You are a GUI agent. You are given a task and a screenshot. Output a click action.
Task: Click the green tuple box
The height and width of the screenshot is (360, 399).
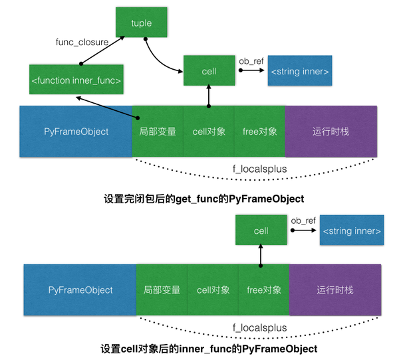coord(141,23)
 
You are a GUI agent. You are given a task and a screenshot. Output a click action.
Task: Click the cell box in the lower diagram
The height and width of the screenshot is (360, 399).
coord(261,230)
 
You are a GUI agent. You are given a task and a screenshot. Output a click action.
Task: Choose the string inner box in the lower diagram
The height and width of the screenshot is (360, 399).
coord(352,230)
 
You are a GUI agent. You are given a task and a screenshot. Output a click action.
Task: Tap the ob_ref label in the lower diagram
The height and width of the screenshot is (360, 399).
coord(303,221)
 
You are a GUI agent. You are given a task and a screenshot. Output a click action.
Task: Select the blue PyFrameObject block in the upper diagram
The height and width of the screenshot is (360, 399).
coord(75,132)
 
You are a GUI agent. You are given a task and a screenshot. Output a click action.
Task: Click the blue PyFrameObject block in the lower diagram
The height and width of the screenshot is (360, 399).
coord(80,290)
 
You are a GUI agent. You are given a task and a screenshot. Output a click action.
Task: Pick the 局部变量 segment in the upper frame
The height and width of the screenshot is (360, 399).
coord(158,132)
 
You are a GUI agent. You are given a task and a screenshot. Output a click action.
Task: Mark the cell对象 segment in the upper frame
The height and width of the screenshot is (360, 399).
coord(209,132)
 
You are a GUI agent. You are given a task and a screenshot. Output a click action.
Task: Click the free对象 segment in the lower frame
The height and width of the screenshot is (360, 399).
coord(263,290)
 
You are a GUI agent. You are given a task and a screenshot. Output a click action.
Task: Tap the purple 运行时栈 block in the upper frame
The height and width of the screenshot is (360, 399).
coord(331,132)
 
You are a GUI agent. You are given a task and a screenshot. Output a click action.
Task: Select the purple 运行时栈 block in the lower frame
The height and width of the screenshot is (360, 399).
coord(335,290)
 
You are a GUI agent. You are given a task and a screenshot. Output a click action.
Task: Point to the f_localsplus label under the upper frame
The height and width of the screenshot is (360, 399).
coord(260,169)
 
